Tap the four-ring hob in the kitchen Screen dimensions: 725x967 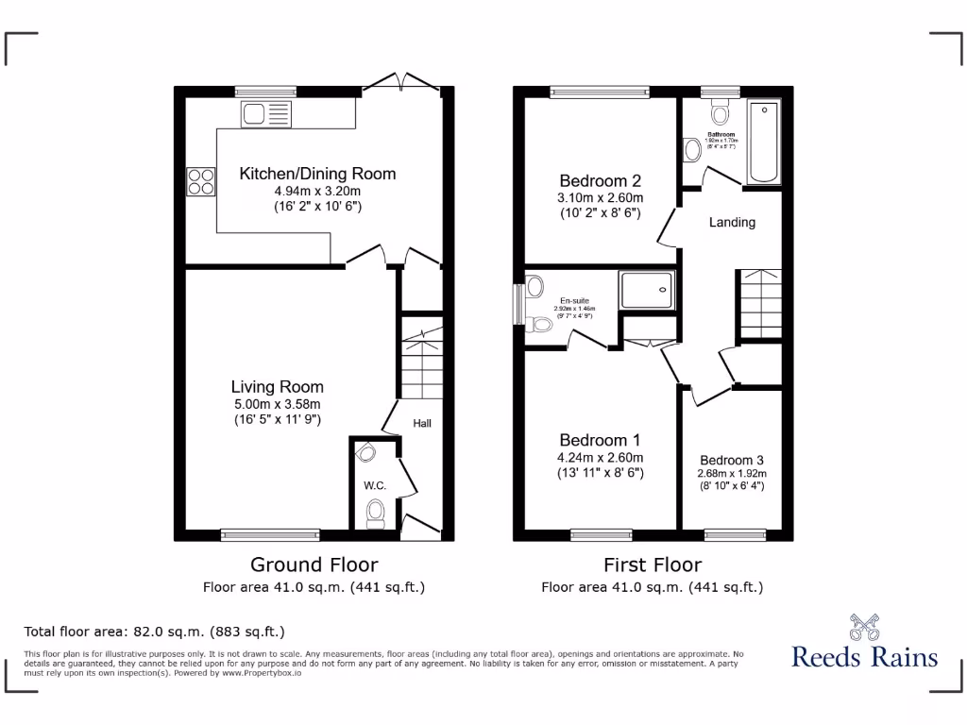200,180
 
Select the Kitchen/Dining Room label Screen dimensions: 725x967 317,174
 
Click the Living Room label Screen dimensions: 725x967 278,387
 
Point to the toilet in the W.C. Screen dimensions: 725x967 376,514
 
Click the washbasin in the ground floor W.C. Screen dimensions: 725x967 365,453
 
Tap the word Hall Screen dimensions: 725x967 421,424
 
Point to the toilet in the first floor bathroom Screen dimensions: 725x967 721,114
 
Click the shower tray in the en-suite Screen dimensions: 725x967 647,290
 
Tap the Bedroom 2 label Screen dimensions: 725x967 601,181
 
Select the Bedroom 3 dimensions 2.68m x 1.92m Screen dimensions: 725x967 732,474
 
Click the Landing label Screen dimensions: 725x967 732,223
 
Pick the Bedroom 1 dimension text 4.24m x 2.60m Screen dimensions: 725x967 601,458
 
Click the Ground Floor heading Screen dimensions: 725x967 314,565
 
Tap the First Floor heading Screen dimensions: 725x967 653,565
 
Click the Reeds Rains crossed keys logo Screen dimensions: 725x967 864,627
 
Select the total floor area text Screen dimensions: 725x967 154,632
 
